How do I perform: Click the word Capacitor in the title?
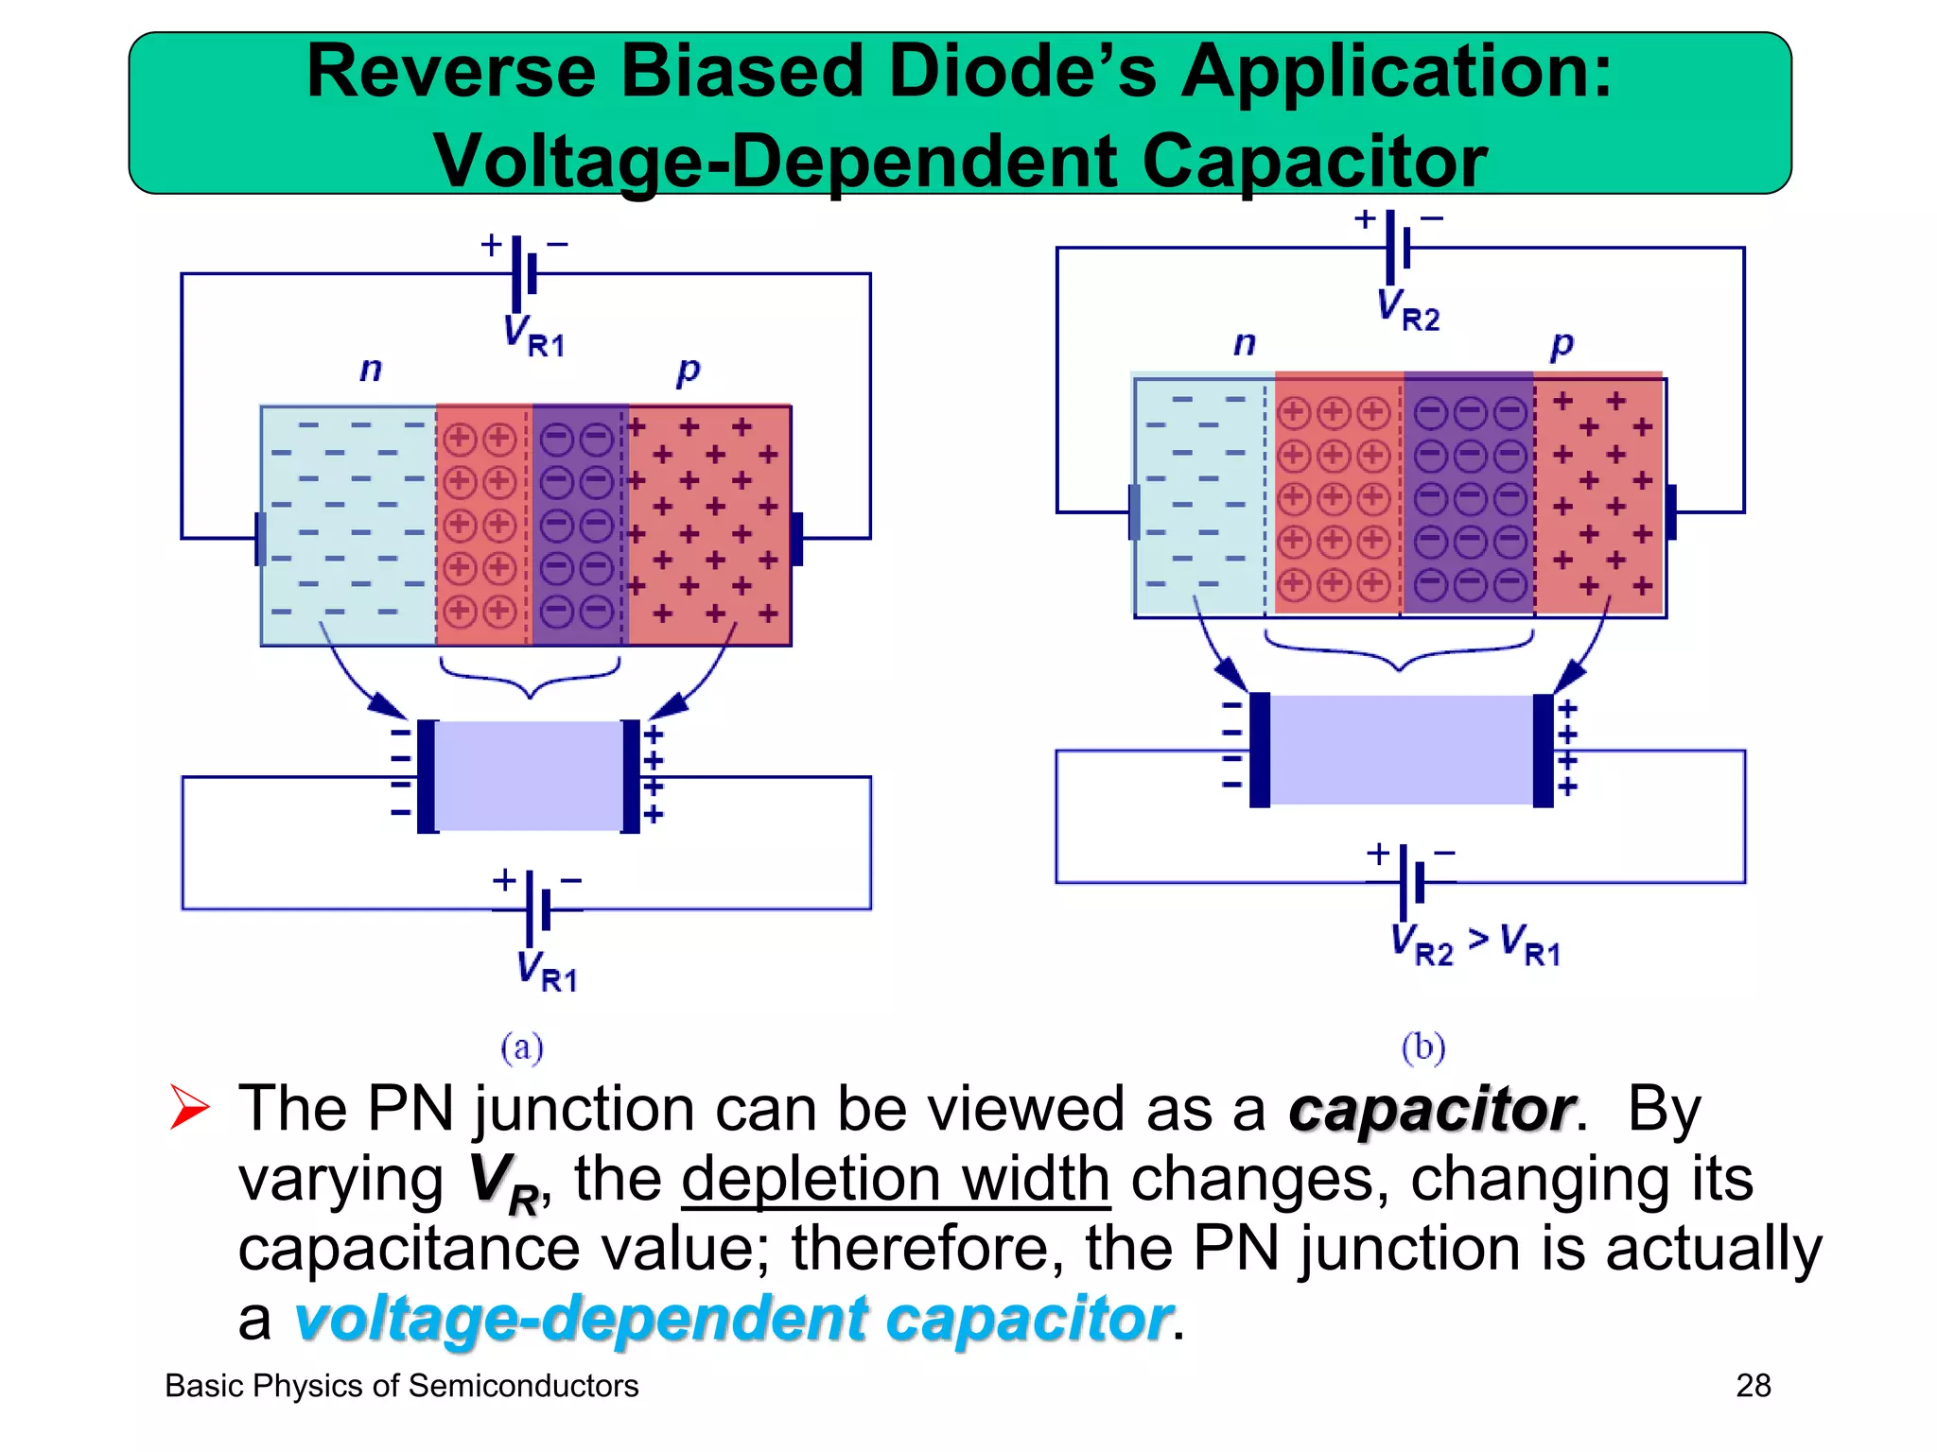[1314, 161]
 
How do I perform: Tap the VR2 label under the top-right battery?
[1407, 310]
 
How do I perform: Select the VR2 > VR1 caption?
[1475, 944]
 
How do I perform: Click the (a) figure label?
[522, 1047]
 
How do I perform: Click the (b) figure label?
[1423, 1047]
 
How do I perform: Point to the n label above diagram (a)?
[371, 369]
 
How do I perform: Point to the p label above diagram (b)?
[1562, 344]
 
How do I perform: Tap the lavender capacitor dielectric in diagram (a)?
[528, 776]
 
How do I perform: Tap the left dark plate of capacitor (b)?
[1260, 750]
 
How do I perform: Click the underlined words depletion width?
[896, 1180]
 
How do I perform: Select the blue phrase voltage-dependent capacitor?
[732, 1319]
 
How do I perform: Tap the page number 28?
[1753, 1386]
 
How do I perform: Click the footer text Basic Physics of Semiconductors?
[402, 1386]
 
